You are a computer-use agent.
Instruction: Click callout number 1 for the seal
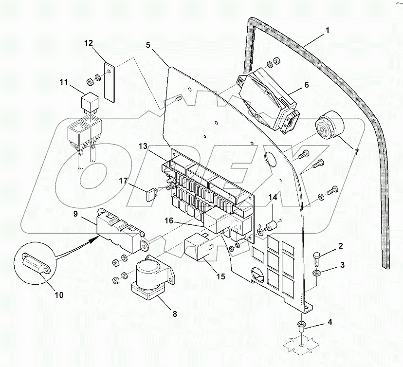click(x=328, y=30)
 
